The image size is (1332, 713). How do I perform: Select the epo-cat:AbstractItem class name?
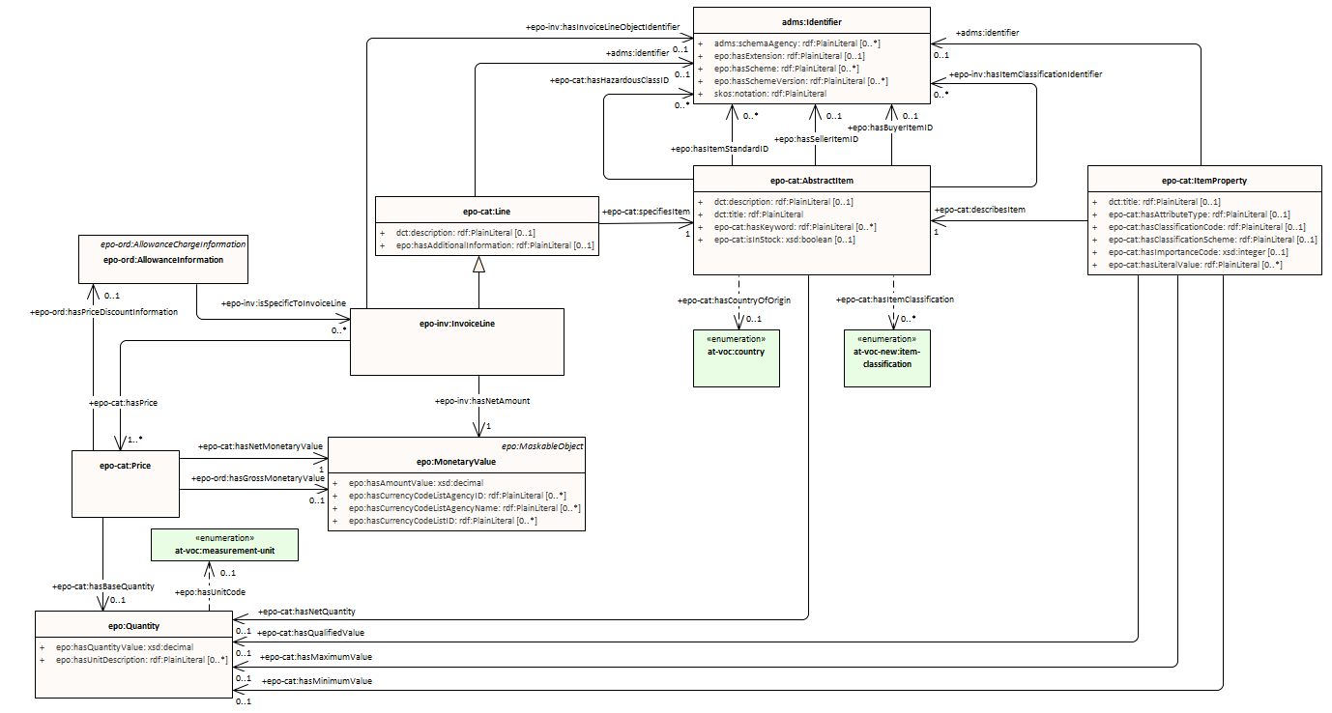coord(811,180)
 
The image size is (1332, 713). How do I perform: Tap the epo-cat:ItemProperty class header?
coord(1203,180)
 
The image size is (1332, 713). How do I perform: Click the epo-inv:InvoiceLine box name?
coord(455,324)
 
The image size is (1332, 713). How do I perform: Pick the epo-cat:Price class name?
coord(126,466)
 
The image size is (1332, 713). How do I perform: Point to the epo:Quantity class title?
coord(134,626)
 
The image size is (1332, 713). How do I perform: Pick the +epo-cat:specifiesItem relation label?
coord(645,211)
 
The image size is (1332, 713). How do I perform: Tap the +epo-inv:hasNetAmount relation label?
coord(481,400)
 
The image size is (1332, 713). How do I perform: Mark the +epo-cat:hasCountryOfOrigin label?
coord(734,300)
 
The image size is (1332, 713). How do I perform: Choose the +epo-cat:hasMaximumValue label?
coord(316,657)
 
